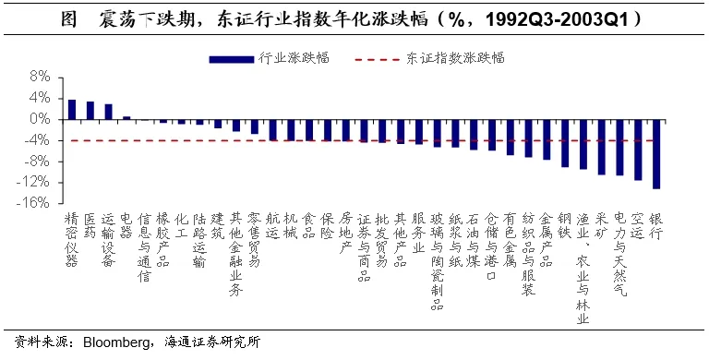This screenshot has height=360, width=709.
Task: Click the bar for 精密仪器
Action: (x=72, y=110)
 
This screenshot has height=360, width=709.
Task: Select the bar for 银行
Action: (x=656, y=154)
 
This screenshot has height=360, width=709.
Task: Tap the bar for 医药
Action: (x=90, y=111)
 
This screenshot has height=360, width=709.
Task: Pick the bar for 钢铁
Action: (x=565, y=143)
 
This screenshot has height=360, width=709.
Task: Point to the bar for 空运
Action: (x=638, y=150)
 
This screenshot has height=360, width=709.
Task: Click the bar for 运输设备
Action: (x=109, y=113)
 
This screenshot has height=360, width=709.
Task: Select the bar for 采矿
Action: (x=601, y=147)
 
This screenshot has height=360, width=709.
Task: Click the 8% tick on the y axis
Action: (x=40, y=78)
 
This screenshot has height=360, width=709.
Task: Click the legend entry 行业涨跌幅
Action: (x=270, y=58)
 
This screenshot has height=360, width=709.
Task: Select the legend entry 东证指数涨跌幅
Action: (x=430, y=58)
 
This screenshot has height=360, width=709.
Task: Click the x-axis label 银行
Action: (x=655, y=226)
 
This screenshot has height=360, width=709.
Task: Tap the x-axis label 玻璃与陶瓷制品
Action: (x=437, y=262)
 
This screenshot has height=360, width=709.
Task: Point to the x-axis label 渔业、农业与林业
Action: (x=583, y=269)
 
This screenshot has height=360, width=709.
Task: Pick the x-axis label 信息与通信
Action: (x=144, y=247)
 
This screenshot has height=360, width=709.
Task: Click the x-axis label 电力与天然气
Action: (x=620, y=255)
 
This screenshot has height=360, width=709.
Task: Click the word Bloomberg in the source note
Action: (x=116, y=342)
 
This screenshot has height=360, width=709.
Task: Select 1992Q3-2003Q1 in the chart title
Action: (x=557, y=19)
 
